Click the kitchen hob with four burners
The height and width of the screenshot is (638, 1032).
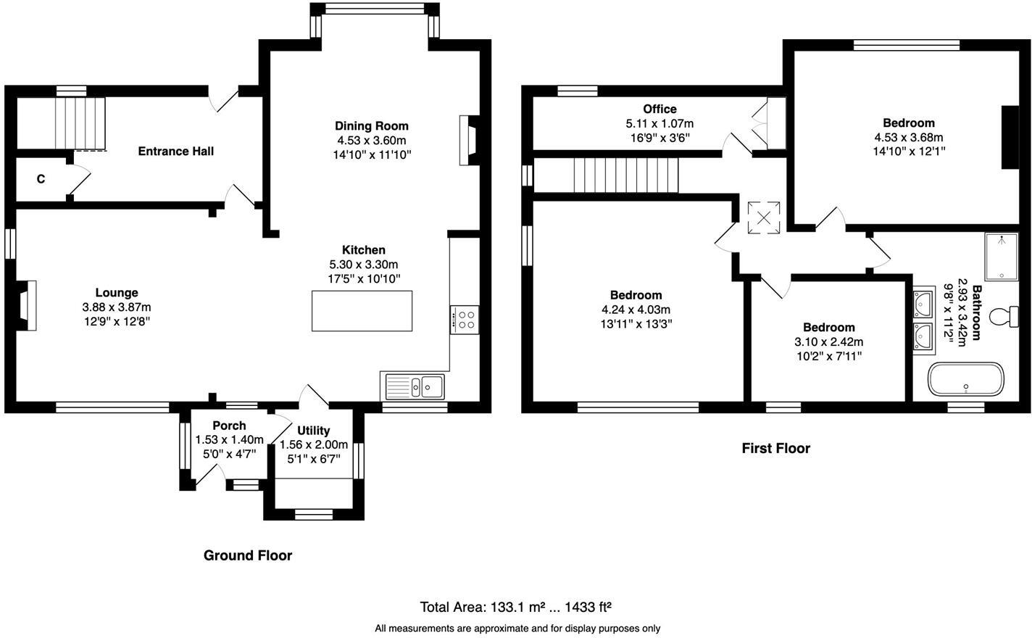[x=465, y=320]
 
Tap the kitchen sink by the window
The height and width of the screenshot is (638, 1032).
[x=415, y=386]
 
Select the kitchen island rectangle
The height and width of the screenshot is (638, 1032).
[x=362, y=310]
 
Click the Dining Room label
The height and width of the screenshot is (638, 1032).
[x=371, y=125]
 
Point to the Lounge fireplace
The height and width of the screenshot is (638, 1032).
[x=27, y=305]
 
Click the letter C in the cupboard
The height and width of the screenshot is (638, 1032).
[x=41, y=178]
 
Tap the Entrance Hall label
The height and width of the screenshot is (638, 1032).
[x=175, y=151]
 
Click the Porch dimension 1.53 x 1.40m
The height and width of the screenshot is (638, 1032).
[x=229, y=439]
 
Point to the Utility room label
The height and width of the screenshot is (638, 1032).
[x=313, y=430]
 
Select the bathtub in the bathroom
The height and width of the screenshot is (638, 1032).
[x=966, y=379]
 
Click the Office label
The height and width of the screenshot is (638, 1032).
[x=659, y=109]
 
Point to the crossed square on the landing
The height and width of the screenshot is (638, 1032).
[x=764, y=217]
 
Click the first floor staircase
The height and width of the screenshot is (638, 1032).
[x=625, y=175]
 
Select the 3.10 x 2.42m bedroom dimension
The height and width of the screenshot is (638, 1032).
[x=828, y=341]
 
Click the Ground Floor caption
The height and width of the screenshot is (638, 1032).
[x=247, y=555]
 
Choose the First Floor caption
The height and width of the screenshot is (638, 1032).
[x=775, y=448]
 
